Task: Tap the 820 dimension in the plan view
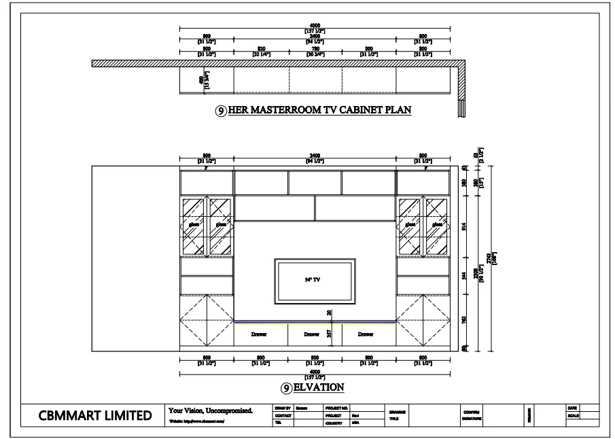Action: coord(261,49)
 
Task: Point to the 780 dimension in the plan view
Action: coord(315,49)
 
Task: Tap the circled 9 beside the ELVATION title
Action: coord(287,388)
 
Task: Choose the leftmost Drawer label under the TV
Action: coord(260,334)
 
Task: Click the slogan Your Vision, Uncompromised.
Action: coord(211,410)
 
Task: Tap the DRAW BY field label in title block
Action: coord(283,408)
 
